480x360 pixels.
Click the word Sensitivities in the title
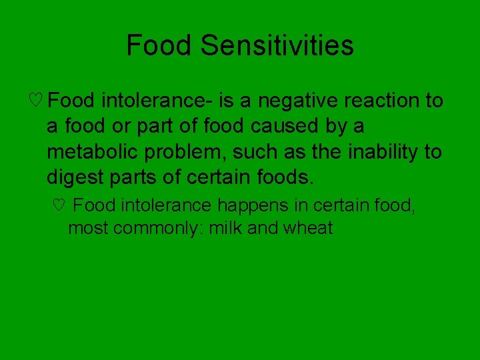coord(277,46)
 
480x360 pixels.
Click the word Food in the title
coord(160,46)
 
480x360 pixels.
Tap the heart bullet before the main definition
coord(37,101)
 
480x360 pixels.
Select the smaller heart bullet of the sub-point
coord(58,205)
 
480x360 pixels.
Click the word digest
coord(73,177)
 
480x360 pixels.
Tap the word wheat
coord(307,228)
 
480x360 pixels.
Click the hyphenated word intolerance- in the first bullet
coord(157,101)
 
